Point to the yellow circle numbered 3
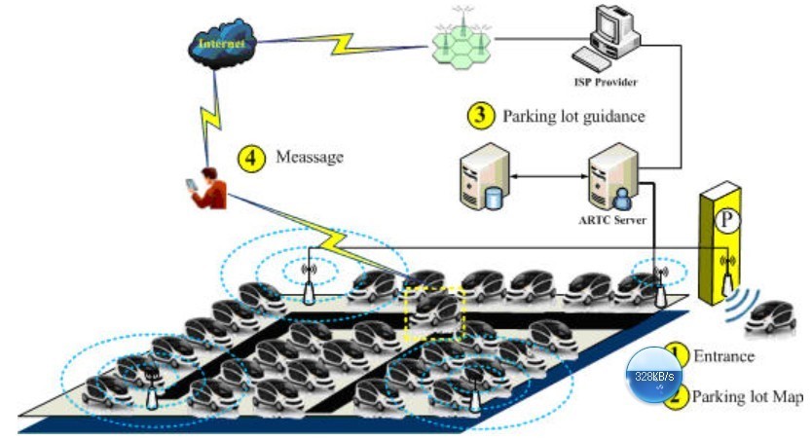(480, 116)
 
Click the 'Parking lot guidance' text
(573, 117)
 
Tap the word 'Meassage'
(311, 157)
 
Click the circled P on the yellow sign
(724, 221)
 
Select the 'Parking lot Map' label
(747, 396)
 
